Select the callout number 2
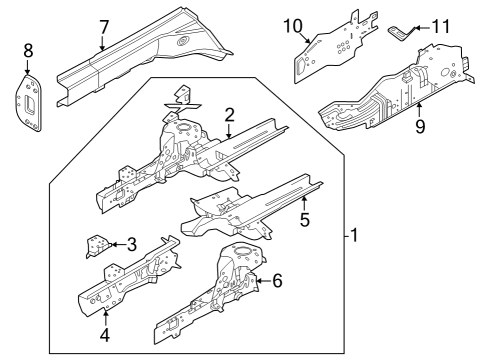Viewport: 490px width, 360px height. [229, 114]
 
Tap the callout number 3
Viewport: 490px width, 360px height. [132, 242]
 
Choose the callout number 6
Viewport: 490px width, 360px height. [277, 282]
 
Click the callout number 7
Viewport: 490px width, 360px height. [103, 26]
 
